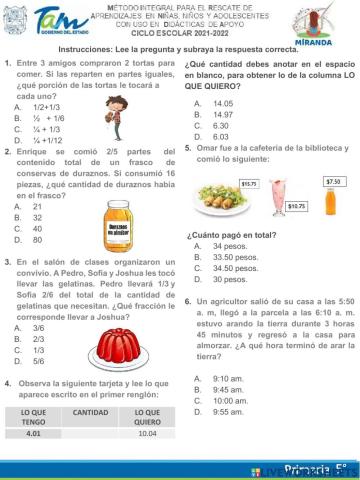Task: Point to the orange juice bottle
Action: click(x=333, y=202)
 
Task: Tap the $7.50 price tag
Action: click(x=334, y=181)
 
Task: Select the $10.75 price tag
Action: click(x=296, y=206)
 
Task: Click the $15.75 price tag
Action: click(x=250, y=184)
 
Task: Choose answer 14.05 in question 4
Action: click(x=223, y=104)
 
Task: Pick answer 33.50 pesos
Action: click(x=235, y=257)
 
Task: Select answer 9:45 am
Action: click(x=228, y=389)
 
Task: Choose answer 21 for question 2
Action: click(x=37, y=207)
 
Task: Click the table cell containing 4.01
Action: click(x=33, y=434)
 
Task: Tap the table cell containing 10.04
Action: click(x=148, y=434)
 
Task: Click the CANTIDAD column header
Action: click(x=91, y=412)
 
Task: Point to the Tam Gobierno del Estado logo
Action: click(x=52, y=21)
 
